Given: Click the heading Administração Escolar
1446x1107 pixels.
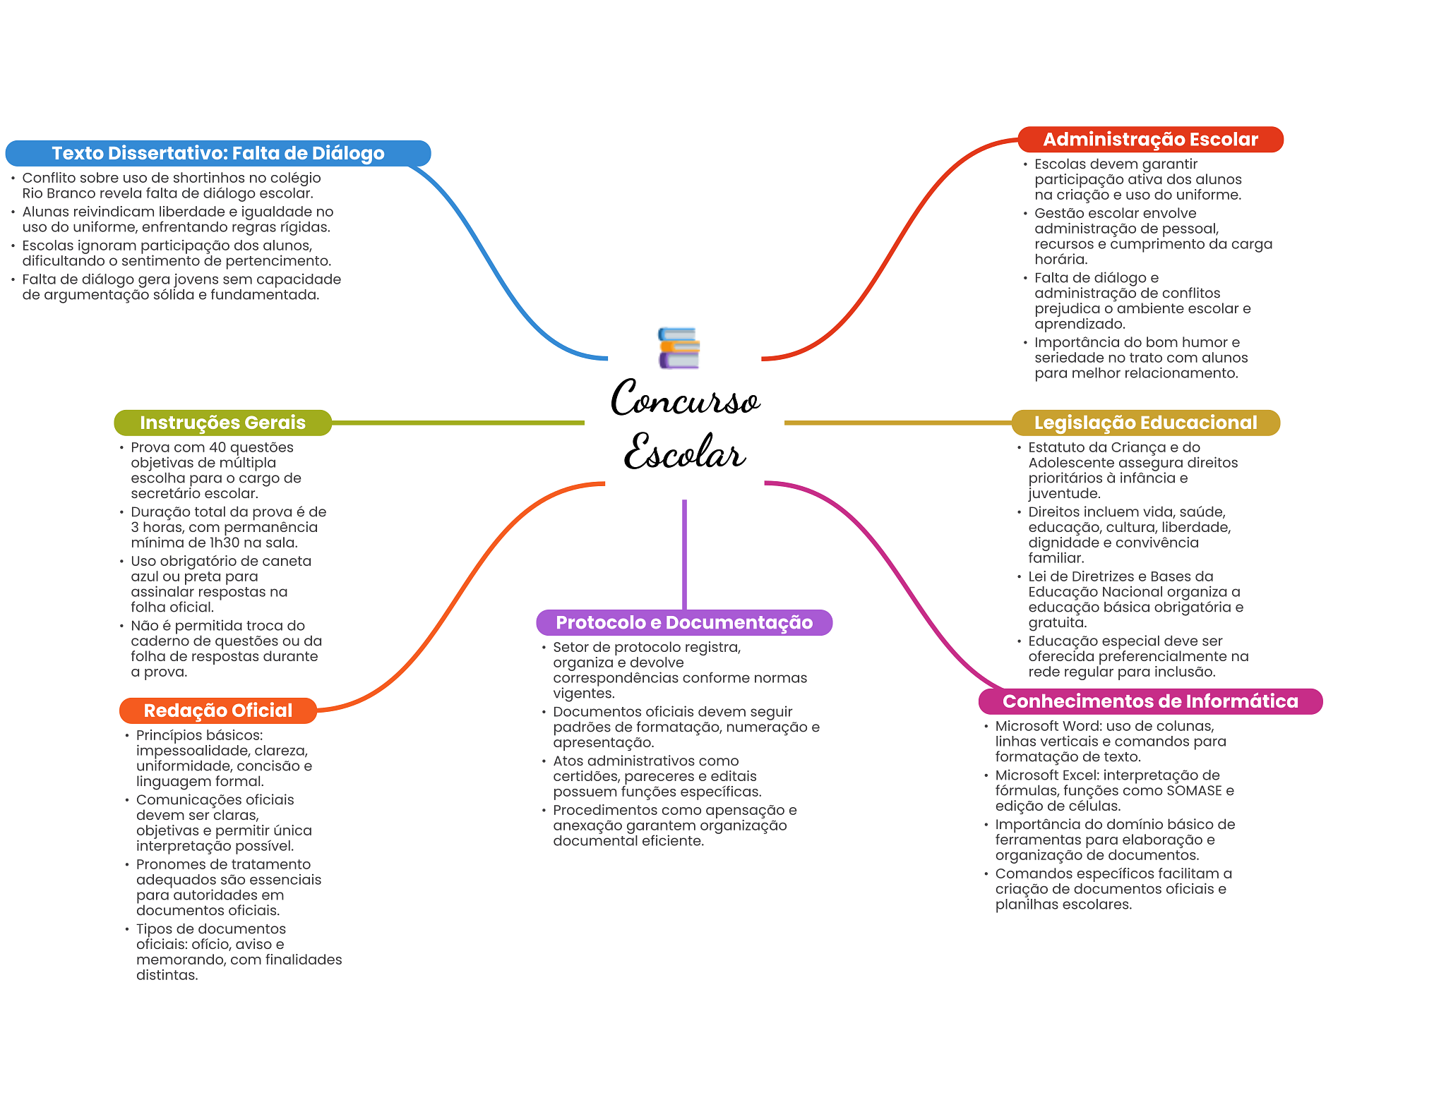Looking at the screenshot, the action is point(1150,140).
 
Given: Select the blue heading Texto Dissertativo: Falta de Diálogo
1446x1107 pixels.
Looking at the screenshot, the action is point(218,153).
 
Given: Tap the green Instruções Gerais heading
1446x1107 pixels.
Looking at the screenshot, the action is point(222,423).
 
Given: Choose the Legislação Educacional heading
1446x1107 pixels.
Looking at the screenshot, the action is point(1145,423).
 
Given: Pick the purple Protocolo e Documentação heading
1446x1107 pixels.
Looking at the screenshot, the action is point(684,622).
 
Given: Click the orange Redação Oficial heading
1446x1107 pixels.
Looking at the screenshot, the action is point(218,710).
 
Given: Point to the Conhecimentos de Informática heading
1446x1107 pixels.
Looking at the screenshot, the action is point(1150,701).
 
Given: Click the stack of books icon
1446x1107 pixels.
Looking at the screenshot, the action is point(679,348).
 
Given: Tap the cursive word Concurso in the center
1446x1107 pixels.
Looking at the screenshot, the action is point(685,399).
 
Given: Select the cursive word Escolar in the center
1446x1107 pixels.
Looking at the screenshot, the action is point(685,452).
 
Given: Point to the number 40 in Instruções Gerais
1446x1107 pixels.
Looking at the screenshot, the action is point(217,447).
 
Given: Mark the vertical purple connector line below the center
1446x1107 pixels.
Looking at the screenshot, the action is point(684,555).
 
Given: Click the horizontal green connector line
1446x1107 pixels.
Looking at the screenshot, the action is point(458,423).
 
